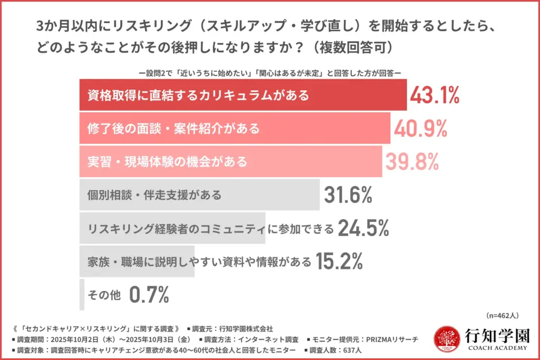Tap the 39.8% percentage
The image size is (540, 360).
click(412, 162)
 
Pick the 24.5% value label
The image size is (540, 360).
click(363, 228)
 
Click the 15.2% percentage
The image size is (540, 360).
click(340, 261)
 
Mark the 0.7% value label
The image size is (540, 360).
click(149, 295)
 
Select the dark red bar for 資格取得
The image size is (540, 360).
click(243, 95)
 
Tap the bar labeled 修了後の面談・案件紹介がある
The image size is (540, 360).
click(235, 129)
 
